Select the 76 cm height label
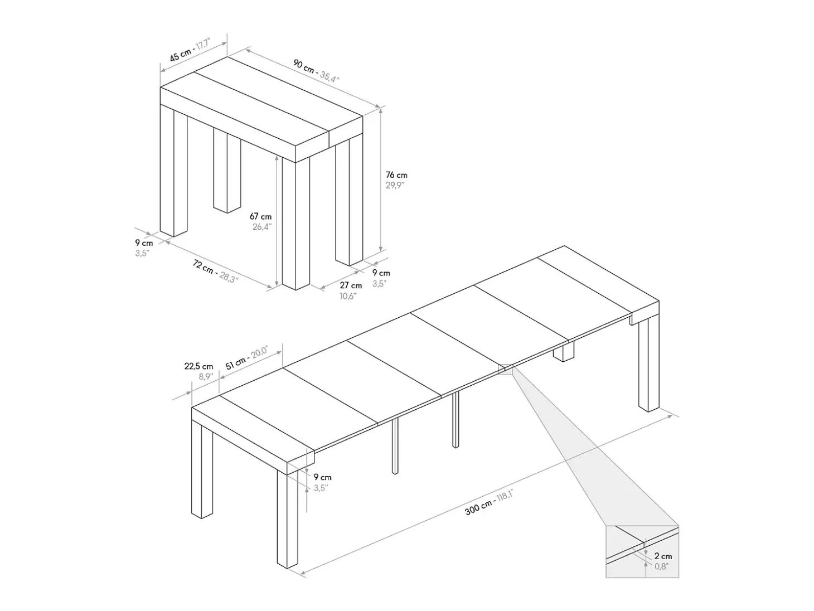pos(396,174)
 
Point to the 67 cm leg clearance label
pos(260,216)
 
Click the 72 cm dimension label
pos(203,266)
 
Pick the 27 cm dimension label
pos(351,285)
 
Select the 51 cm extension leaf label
pos(235,363)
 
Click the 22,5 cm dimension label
pos(199,366)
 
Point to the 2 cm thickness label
pos(663,556)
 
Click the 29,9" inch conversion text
pos(395,186)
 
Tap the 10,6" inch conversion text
pos(348,296)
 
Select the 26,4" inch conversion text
pos(262,226)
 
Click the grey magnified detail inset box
pos(642,552)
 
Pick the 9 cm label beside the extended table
pos(322,477)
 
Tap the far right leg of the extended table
pos(648,364)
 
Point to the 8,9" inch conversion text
pos(206,377)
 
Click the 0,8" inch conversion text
pos(662,566)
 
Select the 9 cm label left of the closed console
pos(144,243)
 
